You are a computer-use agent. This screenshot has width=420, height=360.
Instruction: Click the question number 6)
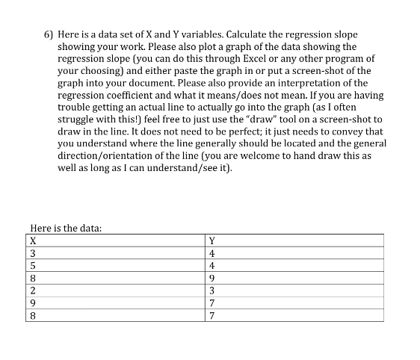[x=49, y=35]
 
